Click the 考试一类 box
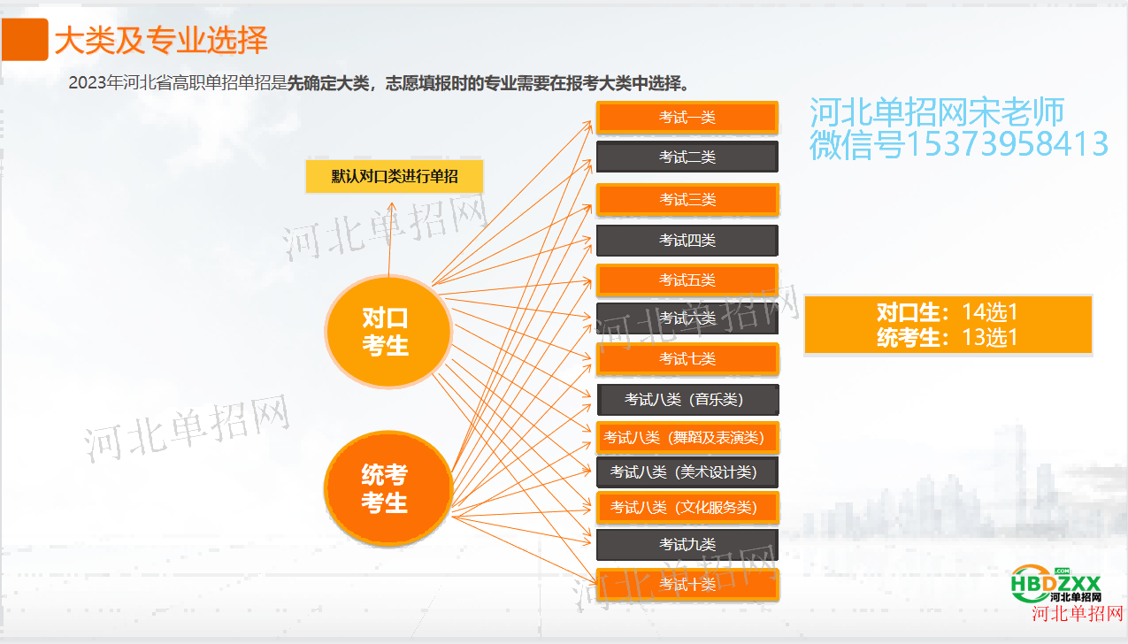coord(687,118)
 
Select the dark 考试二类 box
coord(687,157)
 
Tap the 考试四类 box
coord(687,241)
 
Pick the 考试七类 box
coord(687,359)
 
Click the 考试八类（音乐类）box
coord(688,400)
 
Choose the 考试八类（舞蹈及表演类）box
coord(688,438)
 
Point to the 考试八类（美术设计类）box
coord(687,472)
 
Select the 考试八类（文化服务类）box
coord(688,508)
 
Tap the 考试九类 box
coord(687,544)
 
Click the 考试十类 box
coord(688,585)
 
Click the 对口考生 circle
coord(388,332)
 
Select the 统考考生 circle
coord(388,488)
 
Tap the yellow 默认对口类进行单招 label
coord(395,177)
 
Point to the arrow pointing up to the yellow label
coord(390,239)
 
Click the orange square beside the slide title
coord(24,39)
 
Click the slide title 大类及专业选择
coord(161,41)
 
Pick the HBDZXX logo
coord(1056,584)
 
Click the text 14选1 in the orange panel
coord(989,312)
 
